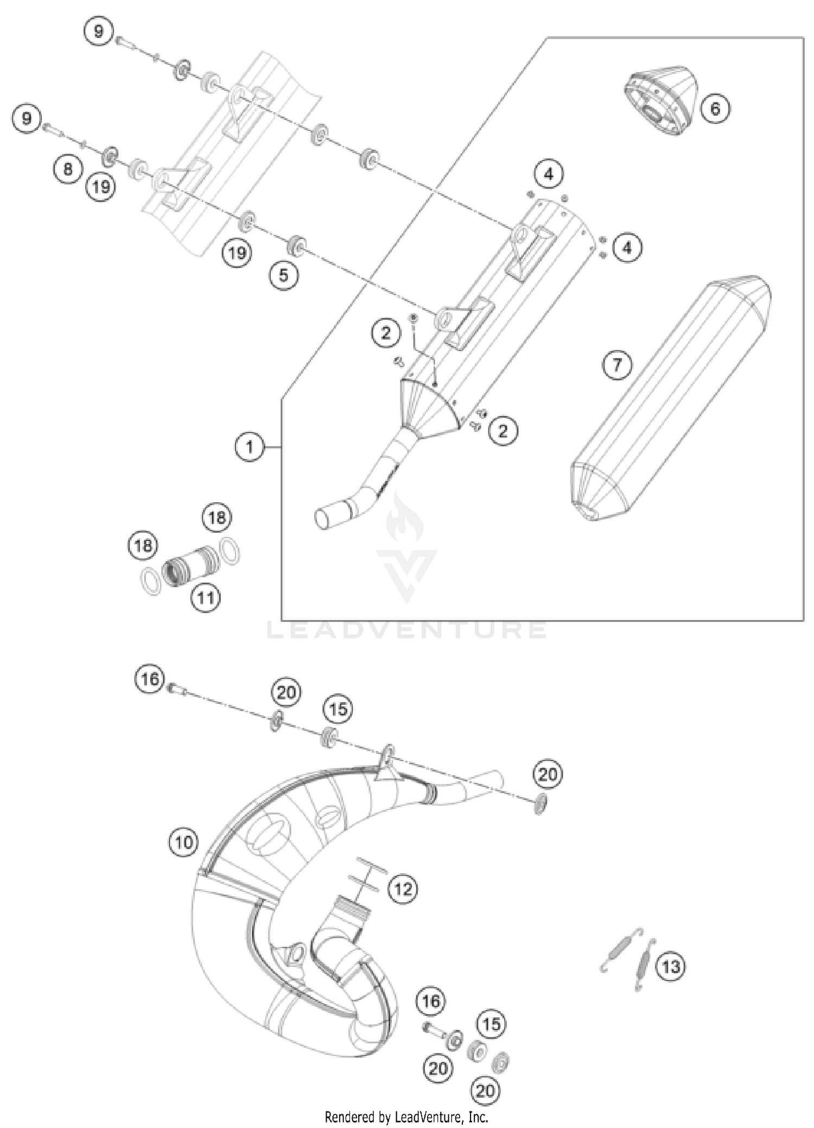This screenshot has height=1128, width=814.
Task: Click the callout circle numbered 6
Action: point(715,109)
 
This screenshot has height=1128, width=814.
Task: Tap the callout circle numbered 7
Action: point(617,365)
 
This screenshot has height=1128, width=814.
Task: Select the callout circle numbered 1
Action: point(249,447)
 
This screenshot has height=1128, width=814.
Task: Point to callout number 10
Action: point(183,843)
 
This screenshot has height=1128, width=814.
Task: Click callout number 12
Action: point(403,889)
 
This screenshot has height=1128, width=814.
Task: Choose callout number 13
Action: point(671,966)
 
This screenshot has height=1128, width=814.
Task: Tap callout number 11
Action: point(205,598)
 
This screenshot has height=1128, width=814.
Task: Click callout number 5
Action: point(284,275)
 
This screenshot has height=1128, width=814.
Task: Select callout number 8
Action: point(67,169)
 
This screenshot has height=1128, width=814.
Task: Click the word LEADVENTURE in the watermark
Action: point(407,629)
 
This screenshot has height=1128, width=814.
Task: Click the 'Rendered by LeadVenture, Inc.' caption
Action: point(406,1117)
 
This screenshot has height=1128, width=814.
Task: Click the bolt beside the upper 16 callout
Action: point(175,689)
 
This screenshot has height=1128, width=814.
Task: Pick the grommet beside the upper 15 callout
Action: point(329,737)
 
